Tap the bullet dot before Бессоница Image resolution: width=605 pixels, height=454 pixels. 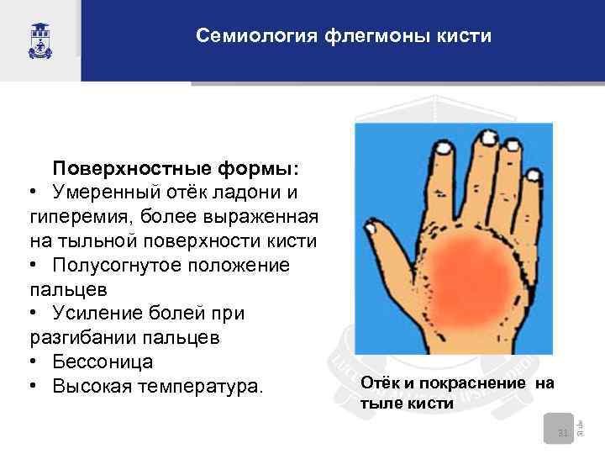pyautogui.click(x=31, y=363)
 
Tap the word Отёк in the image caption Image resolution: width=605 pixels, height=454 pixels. pyautogui.click(x=376, y=384)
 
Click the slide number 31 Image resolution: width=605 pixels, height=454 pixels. pyautogui.click(x=564, y=433)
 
